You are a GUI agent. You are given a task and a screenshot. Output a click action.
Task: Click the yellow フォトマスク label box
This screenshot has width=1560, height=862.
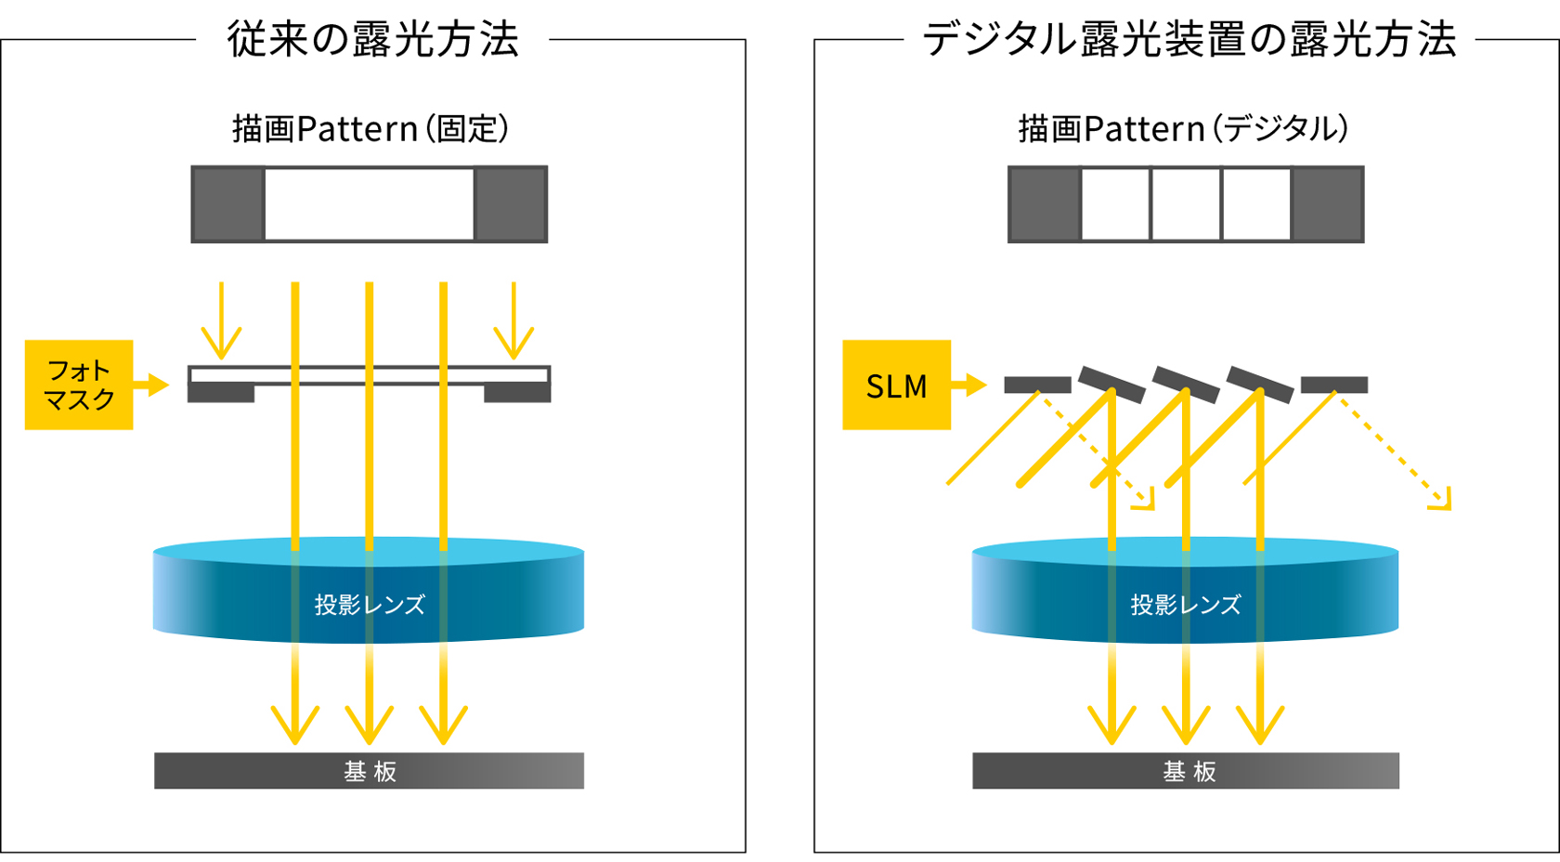tap(79, 385)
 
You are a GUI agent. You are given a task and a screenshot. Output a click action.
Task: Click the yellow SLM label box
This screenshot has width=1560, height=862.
tap(896, 385)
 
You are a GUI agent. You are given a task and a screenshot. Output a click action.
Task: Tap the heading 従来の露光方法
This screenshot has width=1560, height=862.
tap(372, 40)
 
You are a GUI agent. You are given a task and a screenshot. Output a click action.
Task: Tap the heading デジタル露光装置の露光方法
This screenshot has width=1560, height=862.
tap(1189, 40)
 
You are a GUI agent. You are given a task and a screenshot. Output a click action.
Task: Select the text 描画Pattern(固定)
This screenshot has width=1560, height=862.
tap(370, 128)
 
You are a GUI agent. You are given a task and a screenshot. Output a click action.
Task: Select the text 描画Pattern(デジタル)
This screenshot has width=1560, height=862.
tap(1183, 128)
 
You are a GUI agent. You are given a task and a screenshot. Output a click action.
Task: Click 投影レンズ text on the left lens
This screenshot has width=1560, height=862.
tap(370, 605)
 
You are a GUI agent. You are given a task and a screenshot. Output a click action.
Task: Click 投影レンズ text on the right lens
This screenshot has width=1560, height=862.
tap(1185, 605)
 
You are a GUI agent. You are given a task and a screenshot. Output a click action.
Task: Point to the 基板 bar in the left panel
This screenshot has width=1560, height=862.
tap(369, 771)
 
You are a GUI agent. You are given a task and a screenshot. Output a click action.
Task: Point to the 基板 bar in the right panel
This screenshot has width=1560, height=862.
tap(1186, 771)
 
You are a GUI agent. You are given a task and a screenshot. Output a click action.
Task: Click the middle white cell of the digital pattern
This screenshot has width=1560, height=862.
tap(1186, 204)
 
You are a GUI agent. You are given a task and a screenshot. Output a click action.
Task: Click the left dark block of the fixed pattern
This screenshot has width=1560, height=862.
tap(228, 204)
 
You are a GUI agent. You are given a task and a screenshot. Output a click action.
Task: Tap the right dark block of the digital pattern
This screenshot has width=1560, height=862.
tap(1327, 204)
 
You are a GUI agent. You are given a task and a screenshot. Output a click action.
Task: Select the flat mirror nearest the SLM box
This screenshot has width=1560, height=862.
tap(1037, 385)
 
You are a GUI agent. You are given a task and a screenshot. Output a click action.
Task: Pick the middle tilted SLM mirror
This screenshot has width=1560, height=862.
tap(1186, 385)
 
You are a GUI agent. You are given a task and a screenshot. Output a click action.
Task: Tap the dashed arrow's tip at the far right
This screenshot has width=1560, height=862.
tap(1442, 502)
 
